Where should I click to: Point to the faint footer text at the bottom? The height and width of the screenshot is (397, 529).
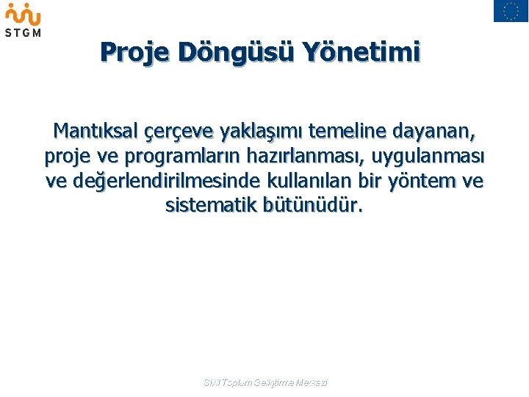[x=265, y=383]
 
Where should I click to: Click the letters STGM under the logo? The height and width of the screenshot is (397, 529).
[x=23, y=32]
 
